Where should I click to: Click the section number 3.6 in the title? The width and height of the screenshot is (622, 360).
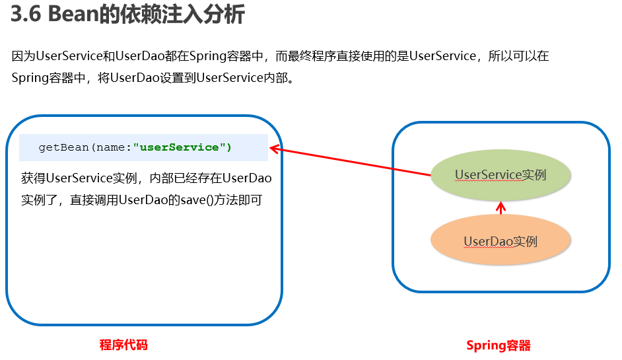[26, 15]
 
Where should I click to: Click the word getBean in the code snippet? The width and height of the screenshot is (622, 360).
[63, 148]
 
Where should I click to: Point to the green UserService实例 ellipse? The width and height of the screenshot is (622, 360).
[501, 175]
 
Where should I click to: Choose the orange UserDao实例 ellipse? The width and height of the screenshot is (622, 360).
[501, 240]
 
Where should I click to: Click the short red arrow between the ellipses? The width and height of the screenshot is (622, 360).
[501, 208]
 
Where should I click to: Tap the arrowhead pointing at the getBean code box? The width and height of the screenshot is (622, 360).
[275, 149]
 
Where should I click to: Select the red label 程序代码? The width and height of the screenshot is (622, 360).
[123, 345]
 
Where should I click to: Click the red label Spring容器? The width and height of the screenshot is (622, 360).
[499, 345]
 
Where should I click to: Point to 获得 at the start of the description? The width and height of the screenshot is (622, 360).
[33, 178]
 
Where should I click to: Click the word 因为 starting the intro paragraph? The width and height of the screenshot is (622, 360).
[23, 56]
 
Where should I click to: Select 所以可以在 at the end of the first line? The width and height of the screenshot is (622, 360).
[518, 56]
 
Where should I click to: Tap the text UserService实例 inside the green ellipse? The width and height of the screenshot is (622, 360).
[501, 174]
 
